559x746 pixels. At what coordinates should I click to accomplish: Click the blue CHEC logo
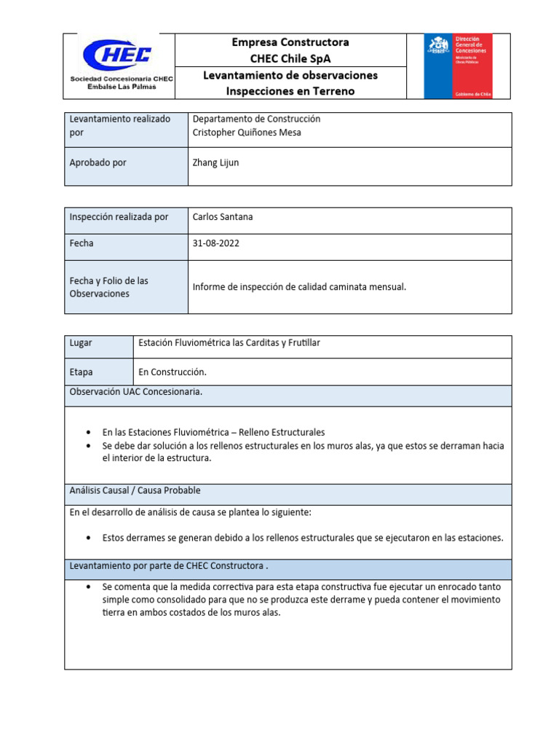click(116, 55)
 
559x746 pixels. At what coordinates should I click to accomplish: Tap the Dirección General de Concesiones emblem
click(458, 66)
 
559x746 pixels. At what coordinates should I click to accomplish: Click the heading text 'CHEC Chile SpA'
click(290, 58)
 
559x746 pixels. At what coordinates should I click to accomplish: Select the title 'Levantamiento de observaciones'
click(290, 75)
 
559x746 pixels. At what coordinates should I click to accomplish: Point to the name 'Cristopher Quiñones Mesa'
click(247, 133)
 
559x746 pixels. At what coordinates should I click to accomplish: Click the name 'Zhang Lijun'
click(215, 162)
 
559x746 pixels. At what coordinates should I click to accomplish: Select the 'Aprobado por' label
click(98, 162)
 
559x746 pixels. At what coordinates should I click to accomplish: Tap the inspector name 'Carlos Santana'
click(223, 217)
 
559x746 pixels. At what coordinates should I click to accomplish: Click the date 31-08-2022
click(215, 243)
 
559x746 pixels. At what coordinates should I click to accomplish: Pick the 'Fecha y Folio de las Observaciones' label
click(108, 287)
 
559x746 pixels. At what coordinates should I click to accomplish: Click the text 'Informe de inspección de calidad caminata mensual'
click(299, 287)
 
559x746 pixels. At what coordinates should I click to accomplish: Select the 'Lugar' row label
click(81, 343)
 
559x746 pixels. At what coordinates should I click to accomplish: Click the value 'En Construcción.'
click(173, 372)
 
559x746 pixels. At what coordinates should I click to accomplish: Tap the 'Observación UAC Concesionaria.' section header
click(135, 392)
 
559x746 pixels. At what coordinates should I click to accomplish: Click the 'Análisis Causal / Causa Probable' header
click(135, 490)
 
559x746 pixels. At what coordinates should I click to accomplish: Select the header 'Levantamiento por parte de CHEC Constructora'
click(169, 565)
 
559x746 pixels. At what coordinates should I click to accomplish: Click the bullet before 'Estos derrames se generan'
click(88, 538)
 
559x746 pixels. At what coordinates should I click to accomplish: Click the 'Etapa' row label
click(81, 372)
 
